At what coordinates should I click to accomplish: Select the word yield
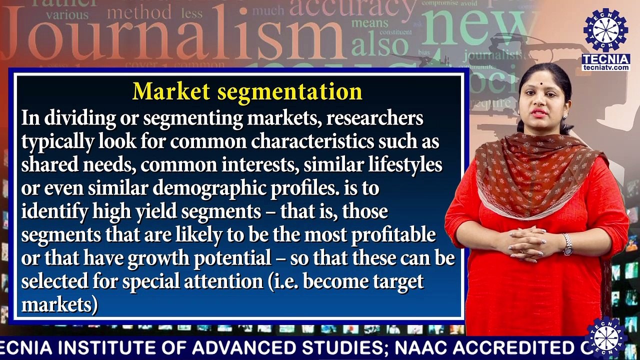click(154, 212)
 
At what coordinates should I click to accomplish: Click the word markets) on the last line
click(59, 304)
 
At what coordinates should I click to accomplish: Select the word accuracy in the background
click(352, 9)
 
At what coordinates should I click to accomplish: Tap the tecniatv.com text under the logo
click(606, 67)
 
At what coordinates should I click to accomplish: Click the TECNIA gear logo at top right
click(606, 30)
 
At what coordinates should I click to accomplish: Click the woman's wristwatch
click(567, 244)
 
